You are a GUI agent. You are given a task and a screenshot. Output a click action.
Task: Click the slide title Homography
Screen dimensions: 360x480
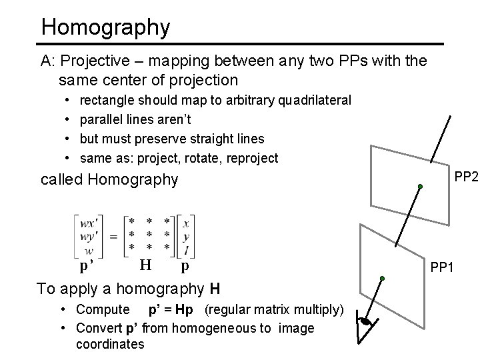[105, 27]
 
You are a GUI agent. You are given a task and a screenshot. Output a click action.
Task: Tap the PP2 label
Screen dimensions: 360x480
[466, 177]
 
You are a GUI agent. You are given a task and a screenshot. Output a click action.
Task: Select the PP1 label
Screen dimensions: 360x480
[443, 267]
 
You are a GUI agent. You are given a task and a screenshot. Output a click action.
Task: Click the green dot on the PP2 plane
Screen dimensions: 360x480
[421, 186]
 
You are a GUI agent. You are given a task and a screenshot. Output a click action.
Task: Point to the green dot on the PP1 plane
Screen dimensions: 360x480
[382, 278]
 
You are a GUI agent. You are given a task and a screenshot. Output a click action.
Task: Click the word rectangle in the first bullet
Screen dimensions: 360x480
[107, 100]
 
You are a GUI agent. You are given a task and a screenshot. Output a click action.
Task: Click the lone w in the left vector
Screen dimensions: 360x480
[89, 251]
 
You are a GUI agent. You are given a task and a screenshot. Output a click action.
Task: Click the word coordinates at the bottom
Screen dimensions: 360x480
[110, 344]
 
